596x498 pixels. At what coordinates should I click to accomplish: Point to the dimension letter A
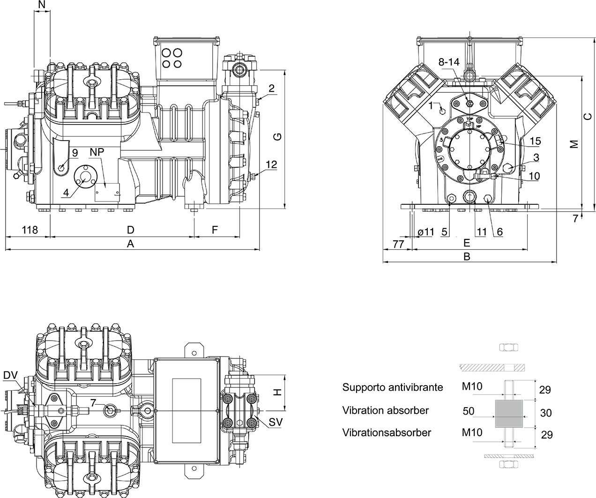point(131,244)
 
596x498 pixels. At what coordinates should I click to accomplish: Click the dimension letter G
point(277,137)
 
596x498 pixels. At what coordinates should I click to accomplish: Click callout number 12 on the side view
point(271,164)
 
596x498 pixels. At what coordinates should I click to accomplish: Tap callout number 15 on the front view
point(535,141)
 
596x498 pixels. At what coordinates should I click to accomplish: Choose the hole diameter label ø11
point(426,231)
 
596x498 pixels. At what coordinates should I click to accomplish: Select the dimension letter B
point(467,256)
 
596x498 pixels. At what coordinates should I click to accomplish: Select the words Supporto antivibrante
point(392,387)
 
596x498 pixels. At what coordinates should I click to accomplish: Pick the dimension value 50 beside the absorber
point(469,411)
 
